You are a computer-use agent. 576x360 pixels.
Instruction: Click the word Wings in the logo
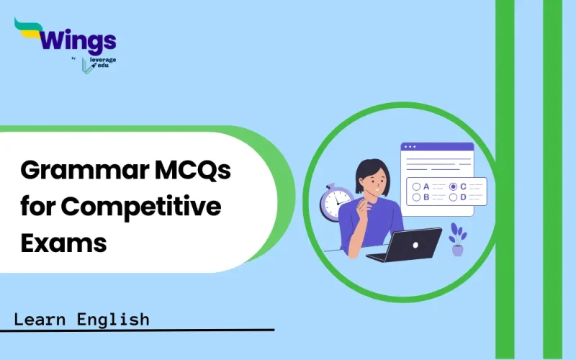pos(71,37)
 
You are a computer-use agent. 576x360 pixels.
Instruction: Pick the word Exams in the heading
pos(63,243)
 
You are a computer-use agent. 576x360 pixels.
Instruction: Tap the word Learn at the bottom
pos(43,319)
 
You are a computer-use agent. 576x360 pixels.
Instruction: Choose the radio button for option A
pos(416,186)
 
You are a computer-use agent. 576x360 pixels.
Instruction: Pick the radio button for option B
pos(416,197)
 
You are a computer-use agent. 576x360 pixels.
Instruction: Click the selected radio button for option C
pos(453,186)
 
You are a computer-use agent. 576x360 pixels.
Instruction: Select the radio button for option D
pos(453,197)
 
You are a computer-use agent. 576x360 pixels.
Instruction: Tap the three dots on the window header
pos(410,146)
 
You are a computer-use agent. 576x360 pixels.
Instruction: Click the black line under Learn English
pos(137,330)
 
